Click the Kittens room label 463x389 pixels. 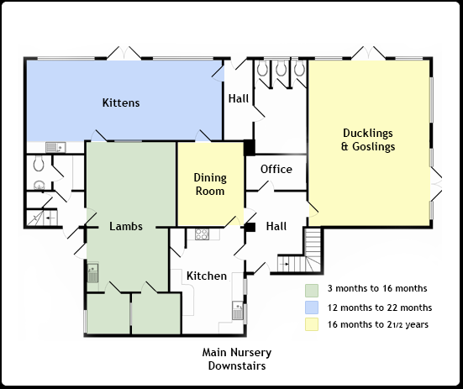121,103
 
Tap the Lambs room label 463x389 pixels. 126,226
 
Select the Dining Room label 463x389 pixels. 210,184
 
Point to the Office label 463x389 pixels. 276,169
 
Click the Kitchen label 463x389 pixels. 207,276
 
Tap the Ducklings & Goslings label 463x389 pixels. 368,139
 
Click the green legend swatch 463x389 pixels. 312,291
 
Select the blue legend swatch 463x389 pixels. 312,308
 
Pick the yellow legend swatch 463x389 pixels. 312,324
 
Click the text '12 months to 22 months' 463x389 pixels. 380,308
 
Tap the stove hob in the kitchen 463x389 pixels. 202,234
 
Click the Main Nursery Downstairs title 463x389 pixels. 237,359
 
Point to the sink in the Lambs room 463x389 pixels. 92,272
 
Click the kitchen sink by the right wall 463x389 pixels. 238,310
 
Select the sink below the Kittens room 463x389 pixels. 55,147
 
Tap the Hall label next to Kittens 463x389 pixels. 239,98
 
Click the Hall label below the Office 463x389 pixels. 276,226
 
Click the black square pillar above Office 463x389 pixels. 250,147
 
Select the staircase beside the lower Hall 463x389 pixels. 299,251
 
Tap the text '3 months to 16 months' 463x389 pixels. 377,288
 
